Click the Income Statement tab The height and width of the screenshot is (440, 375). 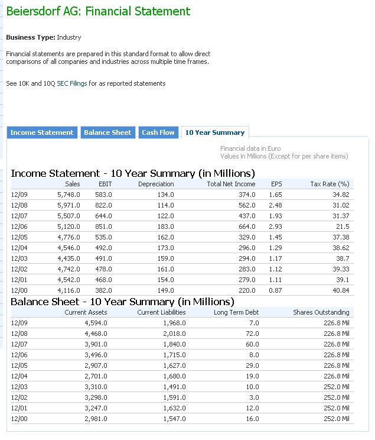coord(42,132)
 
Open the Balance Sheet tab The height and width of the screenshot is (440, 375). coord(107,132)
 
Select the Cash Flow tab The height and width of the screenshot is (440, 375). coord(158,132)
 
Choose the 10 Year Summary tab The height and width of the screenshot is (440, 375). coord(214,132)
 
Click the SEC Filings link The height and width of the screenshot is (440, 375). coord(71,83)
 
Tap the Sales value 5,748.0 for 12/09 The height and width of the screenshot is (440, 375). coord(69,195)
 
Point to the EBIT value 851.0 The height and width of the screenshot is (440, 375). coord(103,227)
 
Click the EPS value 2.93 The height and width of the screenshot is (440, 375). coord(275,227)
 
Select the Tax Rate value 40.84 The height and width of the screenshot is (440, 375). coord(341,290)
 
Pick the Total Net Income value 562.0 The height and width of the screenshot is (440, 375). coord(247,205)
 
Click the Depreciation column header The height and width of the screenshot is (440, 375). coord(156,184)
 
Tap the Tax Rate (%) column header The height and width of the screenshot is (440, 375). coord(330,184)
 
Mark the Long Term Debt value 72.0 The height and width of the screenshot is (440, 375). coord(253,334)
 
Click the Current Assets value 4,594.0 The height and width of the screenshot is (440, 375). coord(94,323)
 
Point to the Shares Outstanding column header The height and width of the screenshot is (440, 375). coord(321,312)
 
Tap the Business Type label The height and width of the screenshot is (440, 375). coord(30,37)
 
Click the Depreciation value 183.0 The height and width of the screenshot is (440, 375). coord(165,227)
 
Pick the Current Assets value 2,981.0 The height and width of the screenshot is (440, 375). coord(94,419)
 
